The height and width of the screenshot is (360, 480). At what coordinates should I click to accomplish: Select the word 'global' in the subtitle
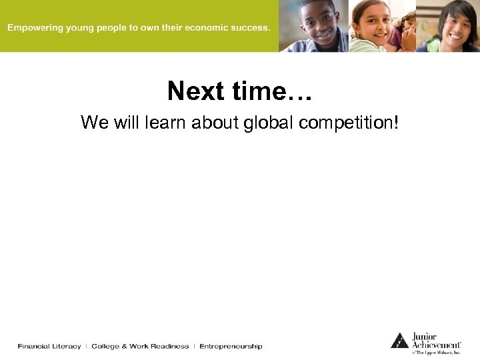(270, 123)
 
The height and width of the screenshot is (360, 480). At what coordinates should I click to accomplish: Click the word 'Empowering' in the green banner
(34, 29)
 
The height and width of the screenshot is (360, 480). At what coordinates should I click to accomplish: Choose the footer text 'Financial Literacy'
(49, 346)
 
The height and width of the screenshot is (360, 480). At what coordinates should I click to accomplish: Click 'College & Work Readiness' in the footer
(140, 346)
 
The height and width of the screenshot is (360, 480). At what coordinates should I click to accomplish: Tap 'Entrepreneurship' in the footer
(231, 346)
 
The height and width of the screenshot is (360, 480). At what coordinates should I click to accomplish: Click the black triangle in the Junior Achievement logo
(399, 341)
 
